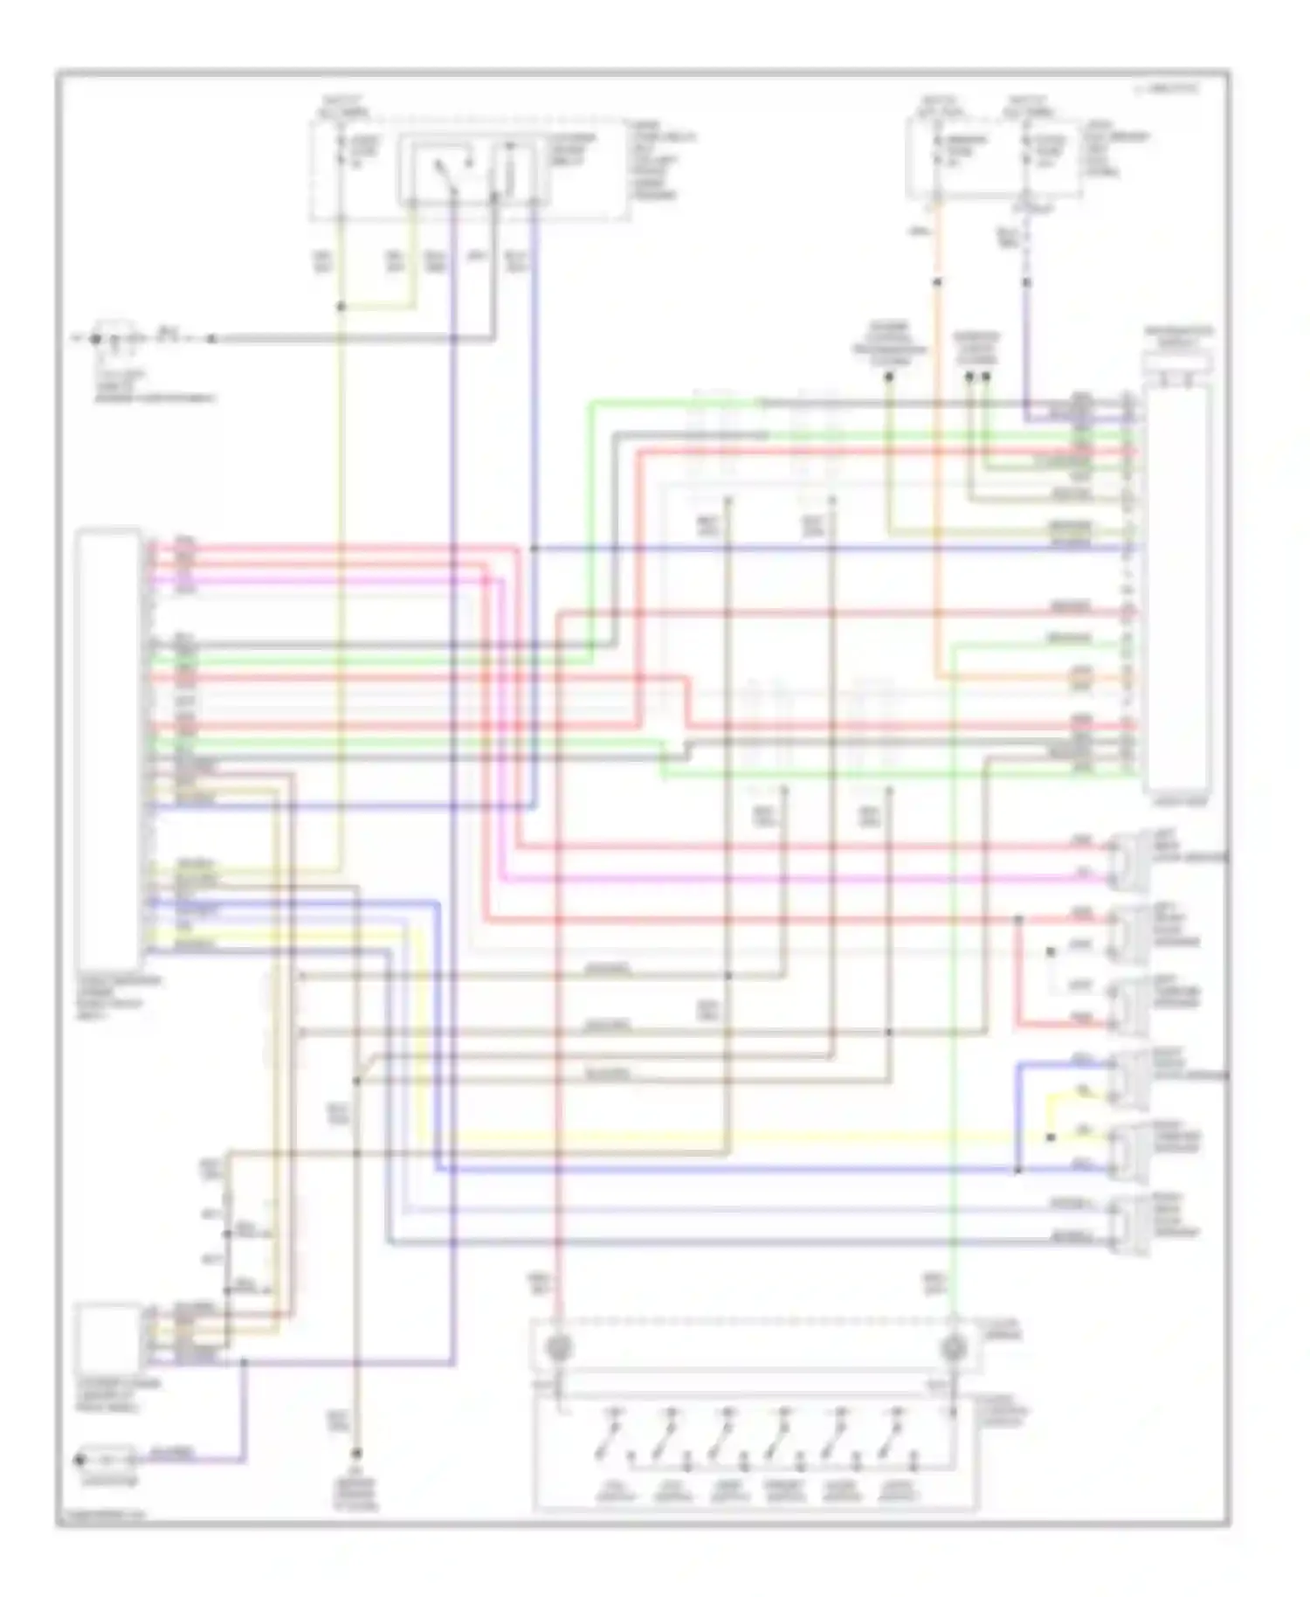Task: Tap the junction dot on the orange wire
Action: click(936, 282)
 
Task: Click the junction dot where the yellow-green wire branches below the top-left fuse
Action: click(341, 307)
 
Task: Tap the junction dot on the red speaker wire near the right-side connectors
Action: click(1017, 919)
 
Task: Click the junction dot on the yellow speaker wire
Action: click(1051, 1137)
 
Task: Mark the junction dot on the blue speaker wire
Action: click(1017, 1169)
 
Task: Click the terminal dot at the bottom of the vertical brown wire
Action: click(356, 1455)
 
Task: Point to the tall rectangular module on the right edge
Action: click(1177, 585)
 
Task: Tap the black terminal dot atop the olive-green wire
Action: click(889, 377)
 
